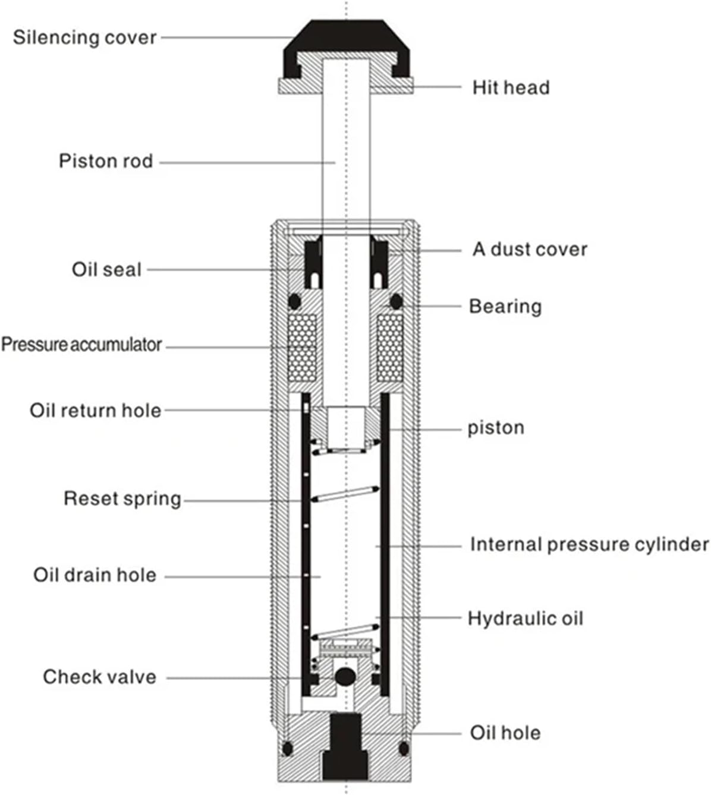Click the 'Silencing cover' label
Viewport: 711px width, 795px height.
pos(84,37)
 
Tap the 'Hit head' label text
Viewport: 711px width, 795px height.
pos(511,88)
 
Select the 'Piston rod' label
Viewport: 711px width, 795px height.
pos(106,161)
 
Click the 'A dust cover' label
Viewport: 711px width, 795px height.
pos(530,249)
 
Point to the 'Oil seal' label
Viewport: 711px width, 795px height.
pos(106,269)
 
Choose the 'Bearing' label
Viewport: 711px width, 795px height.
pos(505,307)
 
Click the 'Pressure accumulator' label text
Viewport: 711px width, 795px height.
pos(81,345)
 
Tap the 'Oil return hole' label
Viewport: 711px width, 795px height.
pos(95,411)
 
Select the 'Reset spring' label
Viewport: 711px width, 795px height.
pos(122,499)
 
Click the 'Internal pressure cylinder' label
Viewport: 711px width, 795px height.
pos(589,544)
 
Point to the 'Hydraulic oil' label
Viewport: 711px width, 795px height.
pos(526,619)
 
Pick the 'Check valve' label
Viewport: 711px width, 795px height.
pos(99,677)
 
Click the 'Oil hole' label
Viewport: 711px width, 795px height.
pos(505,733)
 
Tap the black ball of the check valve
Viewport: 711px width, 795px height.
pos(345,676)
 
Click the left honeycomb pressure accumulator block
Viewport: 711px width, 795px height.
pos(301,348)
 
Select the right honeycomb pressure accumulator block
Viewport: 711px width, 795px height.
pos(390,348)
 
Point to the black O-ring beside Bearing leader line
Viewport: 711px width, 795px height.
pos(395,301)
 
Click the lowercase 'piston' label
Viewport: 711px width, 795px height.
pos(496,428)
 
